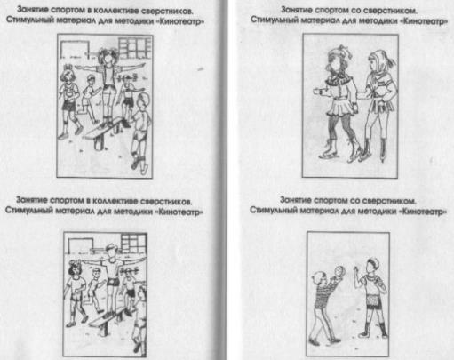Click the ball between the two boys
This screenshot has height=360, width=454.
339,271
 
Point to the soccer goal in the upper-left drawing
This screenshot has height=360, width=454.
75,49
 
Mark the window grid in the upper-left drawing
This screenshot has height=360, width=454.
135,48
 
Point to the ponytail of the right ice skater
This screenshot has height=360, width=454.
390,61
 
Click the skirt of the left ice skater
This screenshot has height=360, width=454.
340,108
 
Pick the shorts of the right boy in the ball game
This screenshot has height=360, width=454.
373,301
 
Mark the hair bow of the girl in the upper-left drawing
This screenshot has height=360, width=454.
68,67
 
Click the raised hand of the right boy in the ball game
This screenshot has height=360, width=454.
356,269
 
